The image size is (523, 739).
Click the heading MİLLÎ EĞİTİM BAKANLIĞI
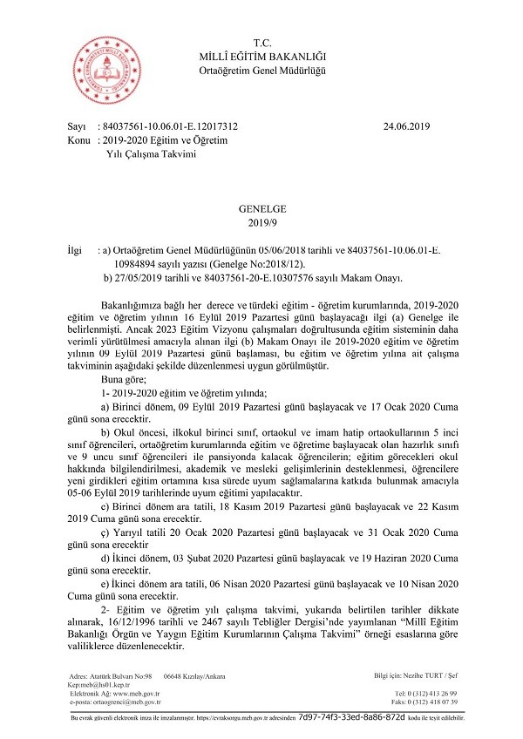(261, 57)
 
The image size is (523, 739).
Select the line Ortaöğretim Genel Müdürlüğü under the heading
(261, 71)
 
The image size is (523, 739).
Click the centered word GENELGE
(261, 209)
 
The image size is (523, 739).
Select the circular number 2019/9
(261, 222)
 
